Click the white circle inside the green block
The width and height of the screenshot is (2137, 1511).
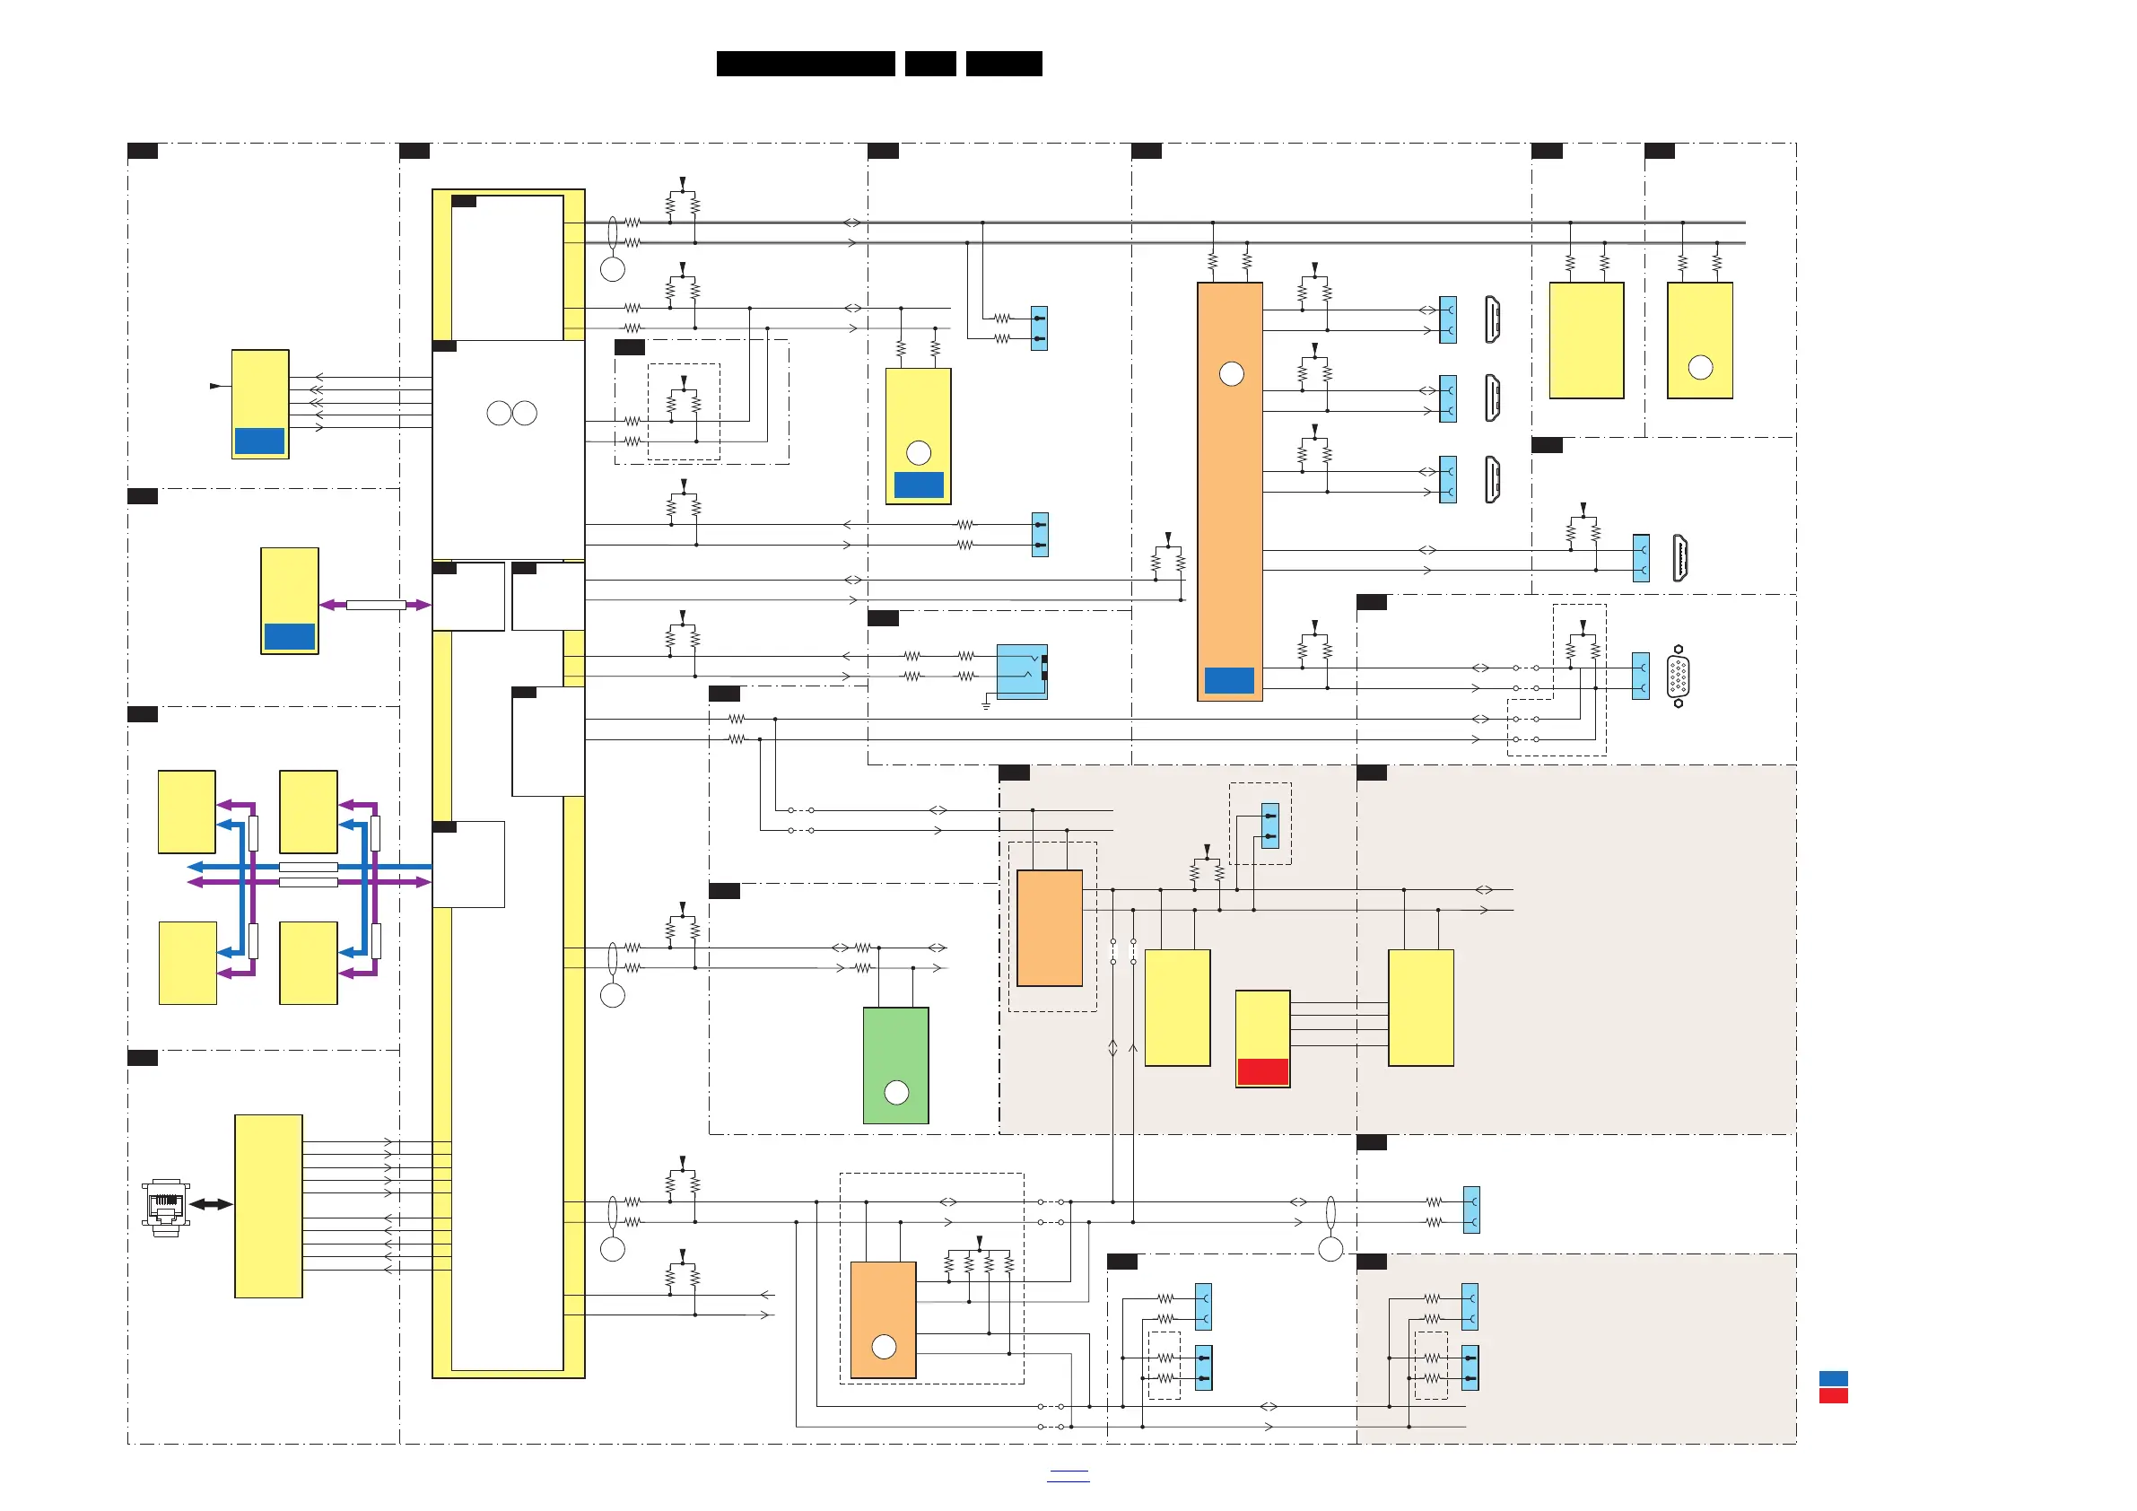pos(896,1092)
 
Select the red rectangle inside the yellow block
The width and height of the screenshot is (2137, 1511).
pos(1262,1071)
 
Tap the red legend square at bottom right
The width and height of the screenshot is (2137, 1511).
pos(1833,1395)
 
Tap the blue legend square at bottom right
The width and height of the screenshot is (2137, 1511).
pos(1833,1378)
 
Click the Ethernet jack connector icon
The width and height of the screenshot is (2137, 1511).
pos(166,1208)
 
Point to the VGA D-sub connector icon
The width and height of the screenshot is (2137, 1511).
pos(1679,676)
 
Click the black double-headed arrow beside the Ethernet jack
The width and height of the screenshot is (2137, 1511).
pos(212,1204)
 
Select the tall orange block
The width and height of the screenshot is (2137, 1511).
pos(1229,491)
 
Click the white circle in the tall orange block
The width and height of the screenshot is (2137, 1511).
pos(1232,374)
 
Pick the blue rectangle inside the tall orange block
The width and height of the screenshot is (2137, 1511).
pos(1228,680)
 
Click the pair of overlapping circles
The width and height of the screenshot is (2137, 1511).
pos(512,414)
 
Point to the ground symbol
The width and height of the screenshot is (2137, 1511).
pos(986,705)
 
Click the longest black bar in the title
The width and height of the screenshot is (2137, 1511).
pos(805,64)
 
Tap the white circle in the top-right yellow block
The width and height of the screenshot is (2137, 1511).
pos(1700,368)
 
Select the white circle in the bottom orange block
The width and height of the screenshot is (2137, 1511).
pos(884,1346)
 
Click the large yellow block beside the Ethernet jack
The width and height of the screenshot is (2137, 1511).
pos(268,1206)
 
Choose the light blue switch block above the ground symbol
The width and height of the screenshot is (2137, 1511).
pos(1021,671)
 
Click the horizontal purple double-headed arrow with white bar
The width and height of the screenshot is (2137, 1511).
pos(375,605)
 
